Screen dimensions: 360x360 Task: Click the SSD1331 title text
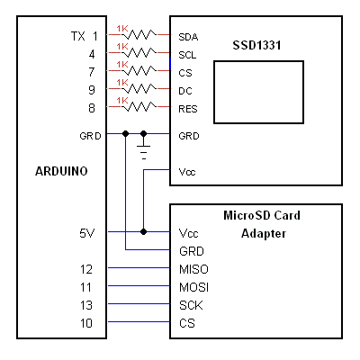click(256, 45)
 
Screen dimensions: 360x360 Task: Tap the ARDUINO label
click(61, 171)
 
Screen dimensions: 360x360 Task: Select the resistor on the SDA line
click(139, 35)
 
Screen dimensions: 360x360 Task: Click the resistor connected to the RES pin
click(139, 107)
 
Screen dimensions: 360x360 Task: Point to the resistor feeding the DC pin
click(139, 89)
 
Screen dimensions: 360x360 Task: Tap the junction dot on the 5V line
click(144, 231)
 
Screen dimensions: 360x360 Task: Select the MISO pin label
click(193, 269)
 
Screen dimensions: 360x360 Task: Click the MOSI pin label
click(193, 287)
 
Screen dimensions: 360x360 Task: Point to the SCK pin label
click(191, 305)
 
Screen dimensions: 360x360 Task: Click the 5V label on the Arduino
click(87, 233)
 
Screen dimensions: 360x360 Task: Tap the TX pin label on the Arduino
click(78, 36)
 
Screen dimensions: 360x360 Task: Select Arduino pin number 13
click(86, 305)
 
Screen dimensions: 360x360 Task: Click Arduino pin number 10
click(86, 323)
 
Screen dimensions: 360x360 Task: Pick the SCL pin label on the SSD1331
click(187, 55)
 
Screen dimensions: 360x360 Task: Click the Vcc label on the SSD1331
click(187, 172)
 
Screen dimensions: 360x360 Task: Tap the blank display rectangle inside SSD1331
click(258, 93)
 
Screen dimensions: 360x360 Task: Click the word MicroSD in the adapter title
click(244, 215)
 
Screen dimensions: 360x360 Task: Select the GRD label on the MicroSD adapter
click(192, 251)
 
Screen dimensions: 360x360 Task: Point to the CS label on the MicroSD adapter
click(187, 323)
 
